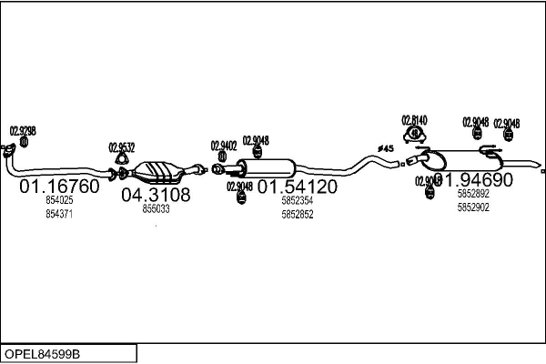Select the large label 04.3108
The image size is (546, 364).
click(156, 195)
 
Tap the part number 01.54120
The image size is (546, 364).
click(298, 187)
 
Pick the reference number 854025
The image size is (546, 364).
click(59, 200)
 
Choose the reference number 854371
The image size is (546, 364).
click(59, 214)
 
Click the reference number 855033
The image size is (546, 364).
click(156, 208)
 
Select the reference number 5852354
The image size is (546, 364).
click(298, 200)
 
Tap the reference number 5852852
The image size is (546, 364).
click(298, 214)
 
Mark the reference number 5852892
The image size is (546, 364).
click(473, 194)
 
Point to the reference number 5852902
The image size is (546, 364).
click(473, 207)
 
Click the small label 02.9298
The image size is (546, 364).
click(23, 130)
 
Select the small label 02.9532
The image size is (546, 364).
click(122, 147)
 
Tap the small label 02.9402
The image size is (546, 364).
click(224, 145)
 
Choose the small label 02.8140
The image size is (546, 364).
click(414, 119)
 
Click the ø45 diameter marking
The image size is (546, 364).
click(385, 148)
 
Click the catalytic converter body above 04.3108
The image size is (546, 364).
click(160, 169)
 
